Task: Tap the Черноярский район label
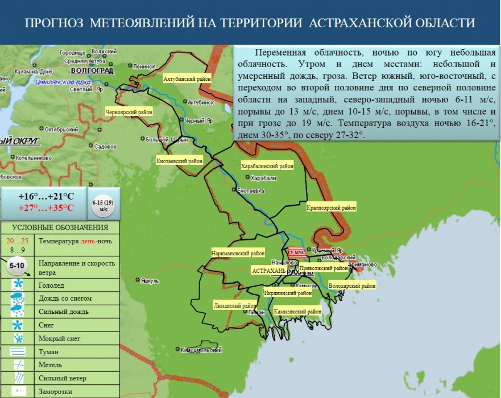pyautogui.click(x=129, y=113)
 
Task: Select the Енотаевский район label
pyautogui.click(x=179, y=161)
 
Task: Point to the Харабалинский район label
pyautogui.click(x=267, y=167)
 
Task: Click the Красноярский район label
pyautogui.click(x=331, y=208)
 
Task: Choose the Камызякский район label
pyautogui.click(x=297, y=312)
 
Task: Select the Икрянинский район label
pyautogui.click(x=288, y=293)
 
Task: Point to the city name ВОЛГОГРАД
pyautogui.click(x=92, y=71)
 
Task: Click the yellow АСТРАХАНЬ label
pyautogui.click(x=268, y=271)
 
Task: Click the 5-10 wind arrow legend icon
pyautogui.click(x=19, y=266)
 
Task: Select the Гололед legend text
pyautogui.click(x=51, y=285)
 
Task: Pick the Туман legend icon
pyautogui.click(x=18, y=351)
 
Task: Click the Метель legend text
pyautogui.click(x=50, y=364)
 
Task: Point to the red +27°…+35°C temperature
pyautogui.click(x=45, y=208)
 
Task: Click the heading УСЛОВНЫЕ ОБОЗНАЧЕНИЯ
pyautogui.click(x=60, y=227)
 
